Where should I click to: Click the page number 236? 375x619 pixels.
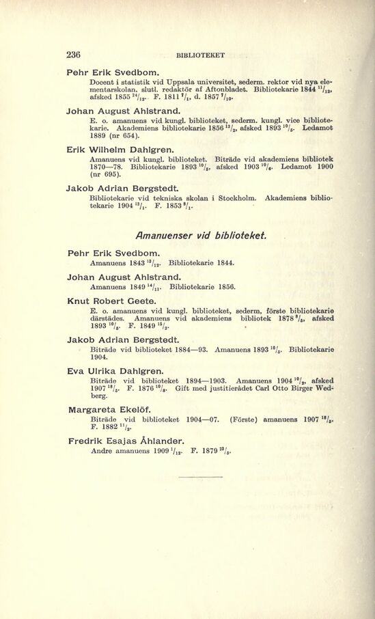73,55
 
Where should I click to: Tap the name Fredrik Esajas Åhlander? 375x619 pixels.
127,441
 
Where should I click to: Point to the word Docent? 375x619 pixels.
105,82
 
